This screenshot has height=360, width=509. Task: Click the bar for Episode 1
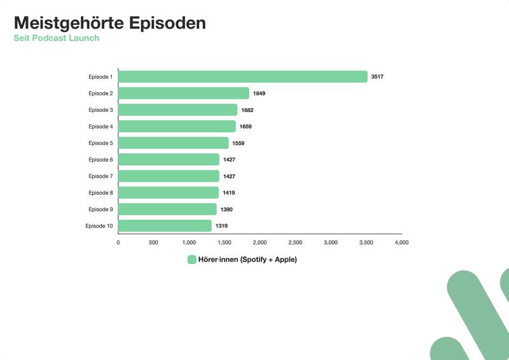click(242, 77)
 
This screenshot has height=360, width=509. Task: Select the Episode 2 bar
click(183, 93)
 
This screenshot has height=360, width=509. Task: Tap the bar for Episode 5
click(173, 143)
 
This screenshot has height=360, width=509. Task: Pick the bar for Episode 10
click(165, 226)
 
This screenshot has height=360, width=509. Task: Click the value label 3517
click(377, 77)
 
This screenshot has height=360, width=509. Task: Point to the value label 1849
click(259, 93)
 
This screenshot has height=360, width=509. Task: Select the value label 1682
click(247, 110)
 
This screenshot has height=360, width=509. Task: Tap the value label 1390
click(227, 209)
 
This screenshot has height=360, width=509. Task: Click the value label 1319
click(221, 226)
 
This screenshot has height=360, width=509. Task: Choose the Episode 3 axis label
click(101, 110)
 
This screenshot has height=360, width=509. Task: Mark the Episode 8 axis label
click(101, 193)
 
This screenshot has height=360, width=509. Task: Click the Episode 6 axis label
click(101, 160)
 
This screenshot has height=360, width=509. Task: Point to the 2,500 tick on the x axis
click(295, 242)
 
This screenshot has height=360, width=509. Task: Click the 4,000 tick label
click(401, 242)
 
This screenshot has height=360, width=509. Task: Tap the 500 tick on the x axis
click(153, 242)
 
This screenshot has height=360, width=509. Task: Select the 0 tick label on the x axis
click(118, 242)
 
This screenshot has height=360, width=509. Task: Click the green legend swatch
click(192, 260)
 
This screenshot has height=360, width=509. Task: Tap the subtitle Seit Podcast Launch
click(57, 38)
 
